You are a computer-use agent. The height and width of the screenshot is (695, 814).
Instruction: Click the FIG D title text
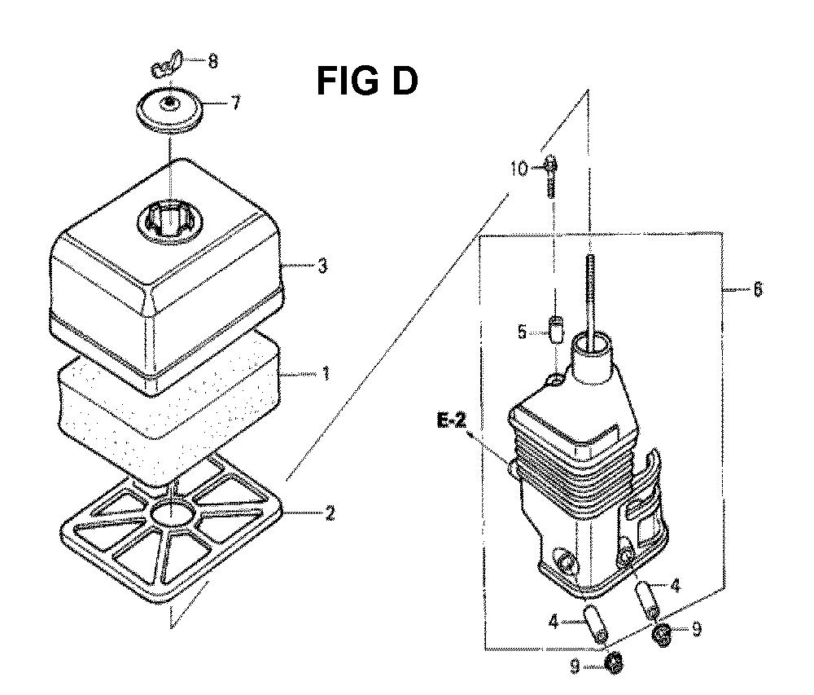point(367,81)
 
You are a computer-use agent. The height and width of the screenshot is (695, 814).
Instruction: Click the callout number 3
point(323,266)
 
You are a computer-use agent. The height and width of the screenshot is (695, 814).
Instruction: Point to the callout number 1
point(326,373)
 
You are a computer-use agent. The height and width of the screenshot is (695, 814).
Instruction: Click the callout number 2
point(329,514)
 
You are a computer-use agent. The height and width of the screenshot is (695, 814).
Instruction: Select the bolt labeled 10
point(551,177)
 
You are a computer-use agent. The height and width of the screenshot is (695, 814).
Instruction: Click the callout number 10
point(520,169)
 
